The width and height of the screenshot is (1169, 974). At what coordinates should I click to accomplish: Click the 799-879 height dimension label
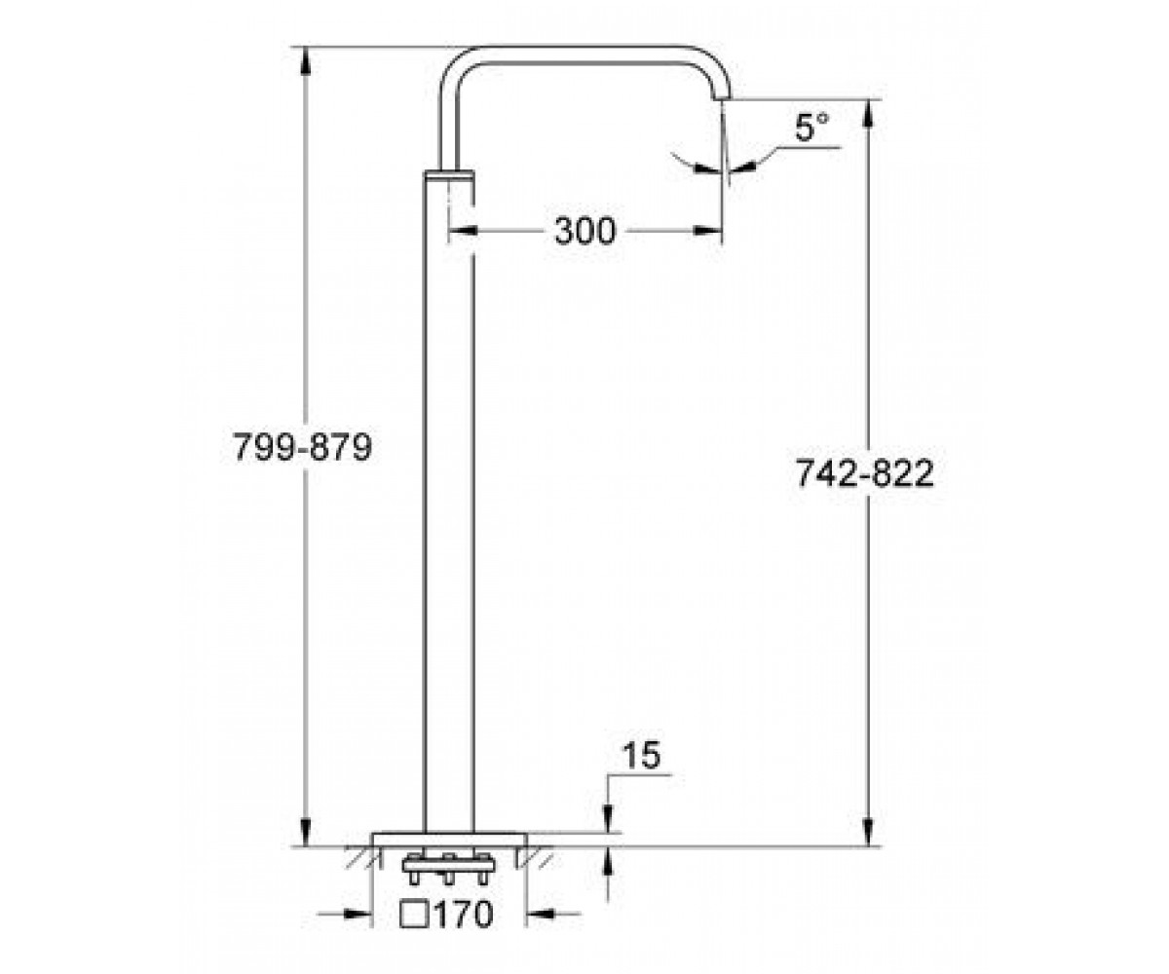pos(302,447)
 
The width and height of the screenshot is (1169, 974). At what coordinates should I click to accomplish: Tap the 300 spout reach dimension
pos(585,231)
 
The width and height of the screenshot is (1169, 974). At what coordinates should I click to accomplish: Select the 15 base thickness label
pos(642,755)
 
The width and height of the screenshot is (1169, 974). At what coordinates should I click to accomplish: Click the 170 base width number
pos(464,915)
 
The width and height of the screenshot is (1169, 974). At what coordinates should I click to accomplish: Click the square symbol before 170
pos(415,915)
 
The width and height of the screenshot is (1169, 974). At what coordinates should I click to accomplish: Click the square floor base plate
pos(449,839)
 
